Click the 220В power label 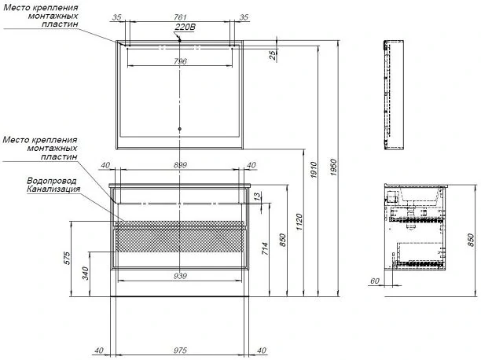point(185,28)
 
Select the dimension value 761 point(180,17)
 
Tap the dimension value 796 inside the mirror point(180,61)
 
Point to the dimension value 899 point(180,165)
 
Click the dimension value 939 point(180,276)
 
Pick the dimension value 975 point(180,351)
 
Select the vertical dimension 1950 point(334,167)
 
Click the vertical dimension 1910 point(314,171)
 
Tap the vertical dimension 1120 point(299,222)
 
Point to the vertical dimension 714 point(266,248)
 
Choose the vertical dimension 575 point(68,258)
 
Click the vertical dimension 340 point(86,274)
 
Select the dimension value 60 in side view point(375,281)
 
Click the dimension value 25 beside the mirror point(273,55)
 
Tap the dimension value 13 point(258,196)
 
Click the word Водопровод point(52,181)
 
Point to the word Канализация point(53,189)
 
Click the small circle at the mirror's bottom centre point(180,129)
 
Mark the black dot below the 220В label point(180,40)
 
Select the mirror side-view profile point(394,95)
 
